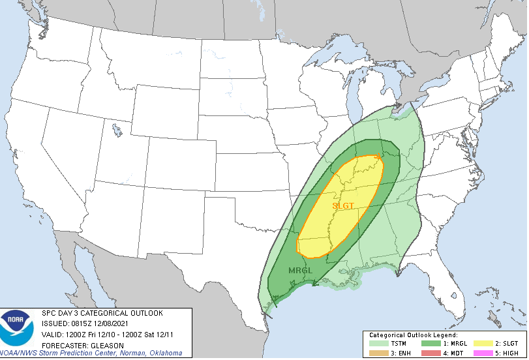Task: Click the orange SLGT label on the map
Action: click(343, 205)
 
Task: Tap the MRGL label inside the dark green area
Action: click(300, 270)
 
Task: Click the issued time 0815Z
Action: click(81, 323)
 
